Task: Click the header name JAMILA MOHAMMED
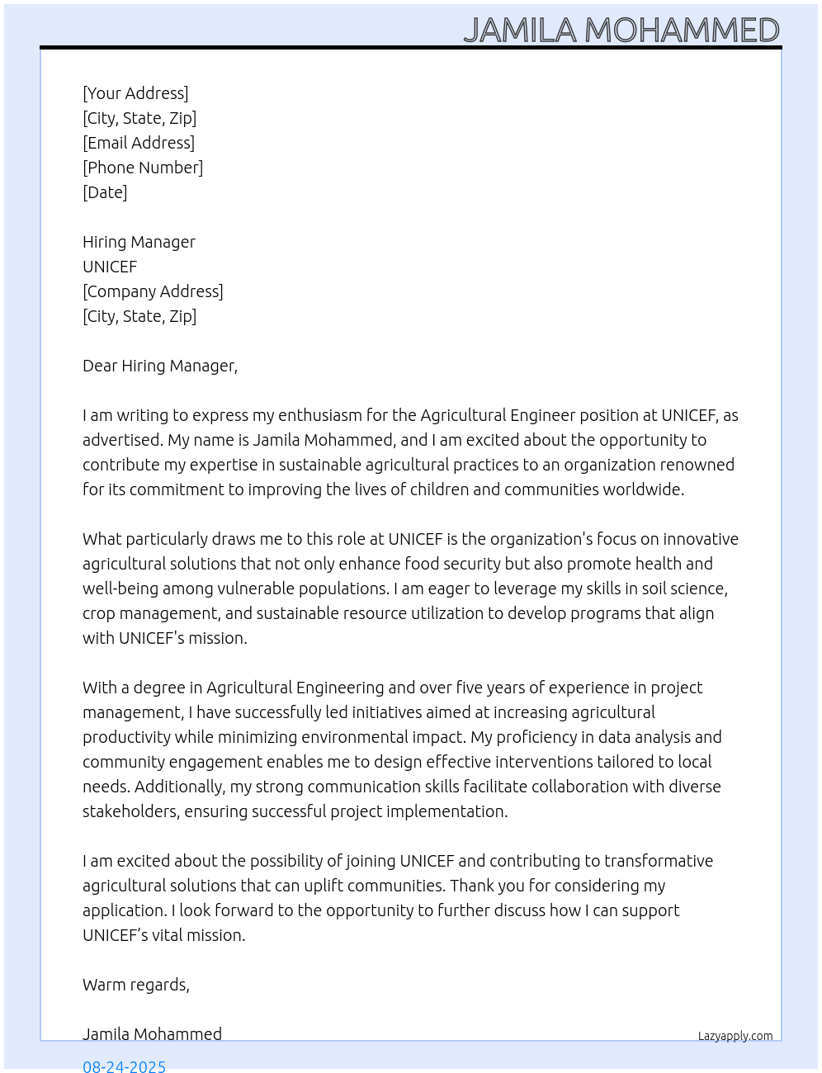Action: (621, 31)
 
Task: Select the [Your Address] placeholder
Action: (135, 93)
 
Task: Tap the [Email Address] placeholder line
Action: (139, 143)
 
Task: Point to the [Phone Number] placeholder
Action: (143, 168)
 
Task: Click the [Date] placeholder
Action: (105, 192)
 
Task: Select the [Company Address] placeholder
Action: (153, 291)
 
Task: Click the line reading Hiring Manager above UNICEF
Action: (139, 242)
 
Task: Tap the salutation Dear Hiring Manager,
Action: (160, 366)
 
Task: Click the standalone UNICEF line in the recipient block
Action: (110, 267)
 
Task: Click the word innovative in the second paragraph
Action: (701, 539)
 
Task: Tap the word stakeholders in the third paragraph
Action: (130, 811)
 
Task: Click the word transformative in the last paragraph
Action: (659, 861)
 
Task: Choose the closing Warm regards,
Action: (136, 985)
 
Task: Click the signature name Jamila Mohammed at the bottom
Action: (152, 1034)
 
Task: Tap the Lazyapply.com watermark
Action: (735, 1036)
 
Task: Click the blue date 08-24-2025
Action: (124, 1066)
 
